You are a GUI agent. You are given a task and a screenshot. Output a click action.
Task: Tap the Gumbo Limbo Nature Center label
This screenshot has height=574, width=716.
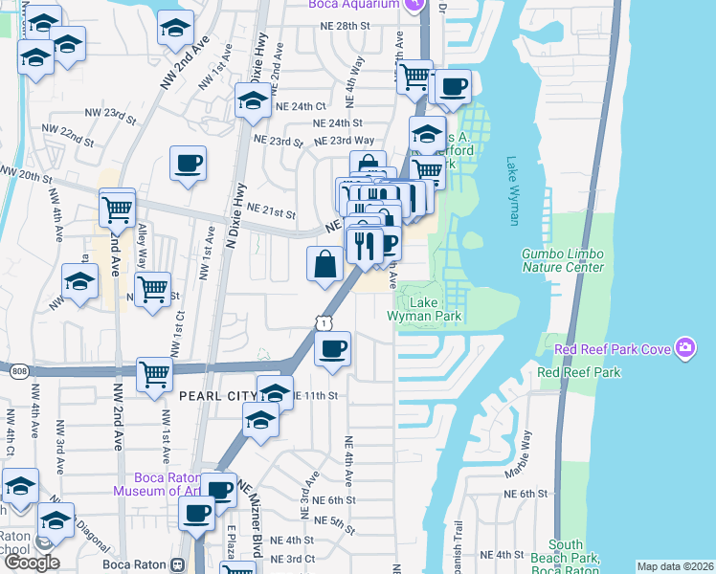click(563, 260)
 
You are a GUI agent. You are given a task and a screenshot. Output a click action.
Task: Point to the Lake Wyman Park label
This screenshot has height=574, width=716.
click(424, 309)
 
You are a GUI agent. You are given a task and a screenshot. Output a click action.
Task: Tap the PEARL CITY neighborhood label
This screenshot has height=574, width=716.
click(216, 395)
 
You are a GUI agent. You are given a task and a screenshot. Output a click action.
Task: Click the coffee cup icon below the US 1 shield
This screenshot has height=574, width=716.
click(332, 349)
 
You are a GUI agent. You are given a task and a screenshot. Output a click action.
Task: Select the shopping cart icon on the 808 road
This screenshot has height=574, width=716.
click(154, 375)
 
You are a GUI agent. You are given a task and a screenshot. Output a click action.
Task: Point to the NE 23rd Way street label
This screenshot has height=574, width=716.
click(345, 141)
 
